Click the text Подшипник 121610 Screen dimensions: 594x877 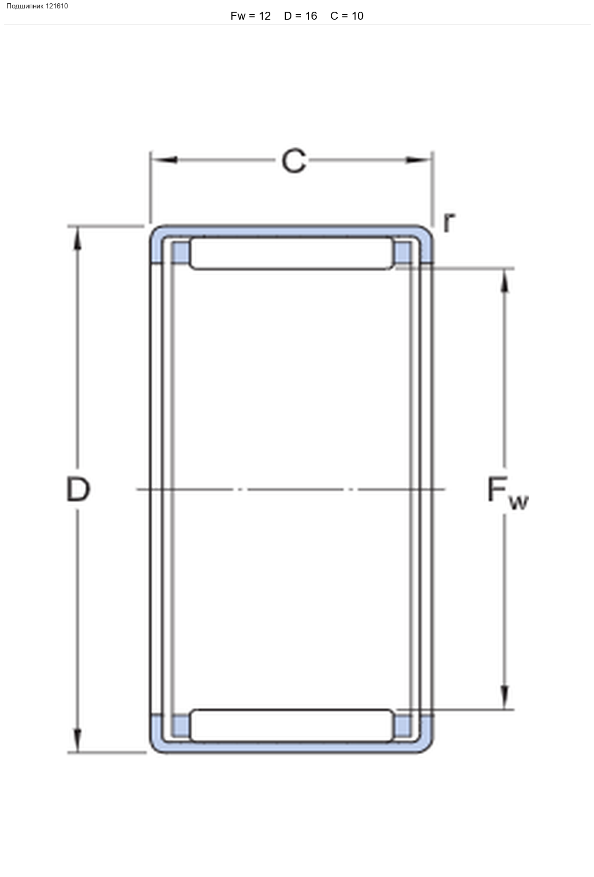coord(37,6)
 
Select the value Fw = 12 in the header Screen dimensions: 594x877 coord(251,16)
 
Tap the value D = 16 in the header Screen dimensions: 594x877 coord(300,16)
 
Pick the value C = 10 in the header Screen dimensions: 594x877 coord(347,16)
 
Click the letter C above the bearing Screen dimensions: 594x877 coord(294,161)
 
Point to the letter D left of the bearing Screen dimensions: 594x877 coord(78,489)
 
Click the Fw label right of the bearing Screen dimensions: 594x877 coord(508,493)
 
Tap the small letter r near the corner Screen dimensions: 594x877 coord(449,222)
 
